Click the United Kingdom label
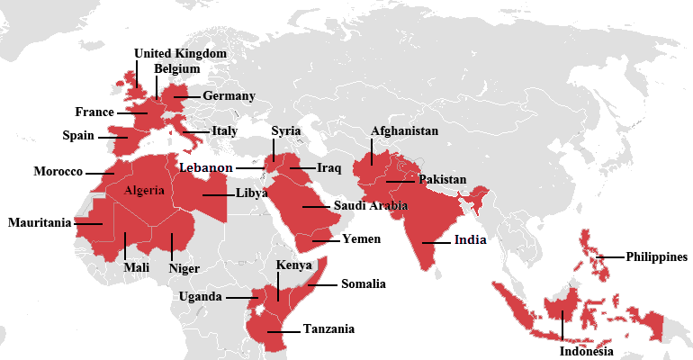[x=180, y=53]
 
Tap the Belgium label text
[x=177, y=68]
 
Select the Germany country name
[x=229, y=95]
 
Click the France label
[x=94, y=112]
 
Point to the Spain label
[x=78, y=136]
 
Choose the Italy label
[x=224, y=130]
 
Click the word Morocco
[x=58, y=171]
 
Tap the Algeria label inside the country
[x=145, y=190]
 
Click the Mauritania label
[x=40, y=222]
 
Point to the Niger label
[x=184, y=267]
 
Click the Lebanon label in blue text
[x=206, y=167]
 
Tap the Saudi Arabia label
[x=371, y=206]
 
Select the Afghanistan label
[x=404, y=131]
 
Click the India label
[x=470, y=240]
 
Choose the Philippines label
[x=657, y=256]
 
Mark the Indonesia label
[x=586, y=351]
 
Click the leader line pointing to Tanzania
[x=281, y=331]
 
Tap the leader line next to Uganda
[x=241, y=297]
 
